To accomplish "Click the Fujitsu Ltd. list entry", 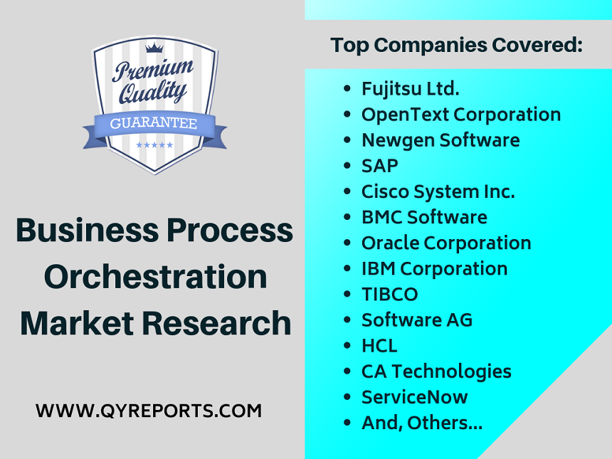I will pos(410,89).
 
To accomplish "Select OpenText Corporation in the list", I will pos(460,115).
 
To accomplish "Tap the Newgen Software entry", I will pos(440,140).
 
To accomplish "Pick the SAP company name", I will pos(379,166).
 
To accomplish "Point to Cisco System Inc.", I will pos(438,191).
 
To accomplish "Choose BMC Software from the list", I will pos(424,217).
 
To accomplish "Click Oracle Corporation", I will pos(445,243).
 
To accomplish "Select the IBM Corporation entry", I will pos(434,268).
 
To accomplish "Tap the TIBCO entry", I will pos(389,294).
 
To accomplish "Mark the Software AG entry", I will pos(416,320).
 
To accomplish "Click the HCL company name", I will pos(379,346).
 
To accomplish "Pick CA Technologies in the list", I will pos(436,371).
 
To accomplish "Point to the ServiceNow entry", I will pos(414,397).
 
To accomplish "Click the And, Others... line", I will pos(421,423).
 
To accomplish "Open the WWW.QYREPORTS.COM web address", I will pos(149,411).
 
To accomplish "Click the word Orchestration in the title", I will pos(155,277).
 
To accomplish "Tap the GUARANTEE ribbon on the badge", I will pos(154,124).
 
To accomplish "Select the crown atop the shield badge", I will pos(154,48).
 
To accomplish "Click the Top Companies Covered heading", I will pos(456,46).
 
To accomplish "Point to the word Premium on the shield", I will pos(152,71).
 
